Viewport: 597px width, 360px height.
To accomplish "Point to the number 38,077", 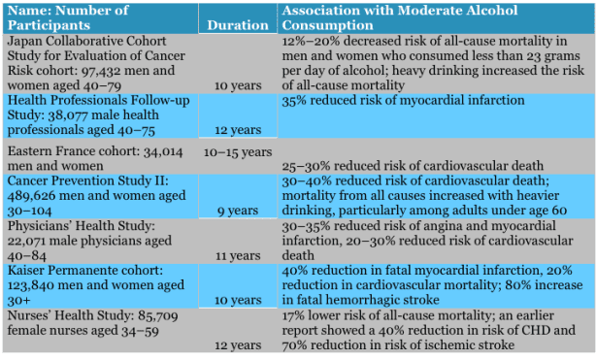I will (73, 115).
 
